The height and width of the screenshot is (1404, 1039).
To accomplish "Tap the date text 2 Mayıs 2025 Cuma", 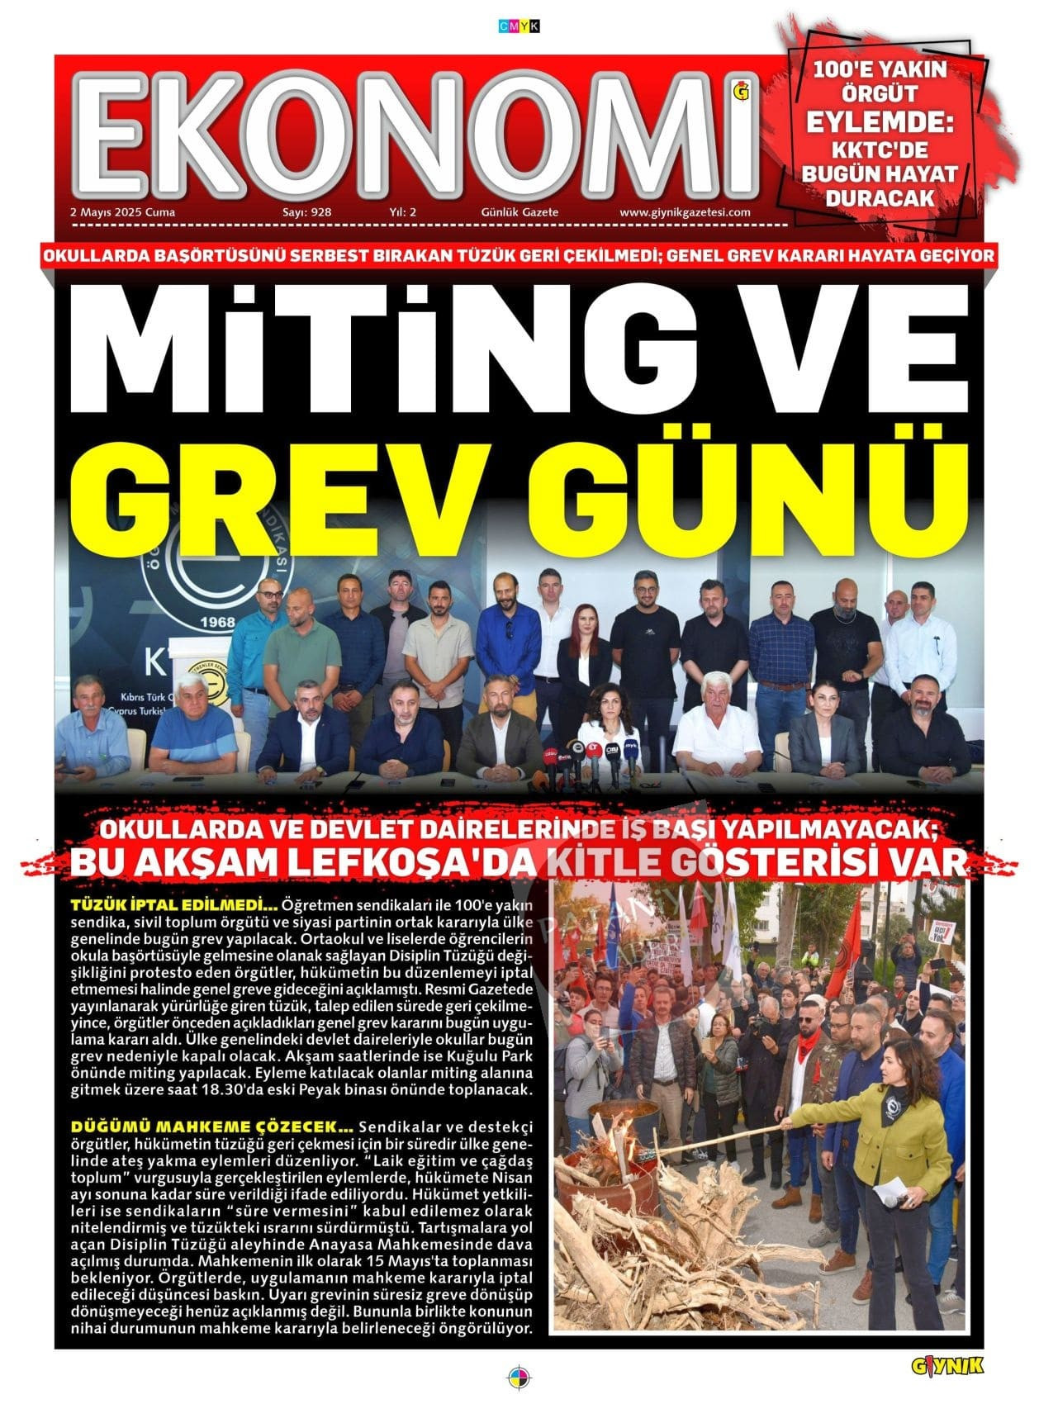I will click(x=123, y=212).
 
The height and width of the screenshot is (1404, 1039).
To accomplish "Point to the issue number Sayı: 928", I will click(x=306, y=212).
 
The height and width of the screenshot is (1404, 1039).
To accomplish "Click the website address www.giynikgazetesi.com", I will click(x=685, y=212).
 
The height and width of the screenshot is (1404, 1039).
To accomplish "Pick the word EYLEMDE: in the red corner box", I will click(x=880, y=124).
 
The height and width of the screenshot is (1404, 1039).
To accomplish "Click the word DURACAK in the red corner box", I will click(x=880, y=198).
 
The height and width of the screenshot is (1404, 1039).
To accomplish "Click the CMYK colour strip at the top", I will click(x=519, y=26).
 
